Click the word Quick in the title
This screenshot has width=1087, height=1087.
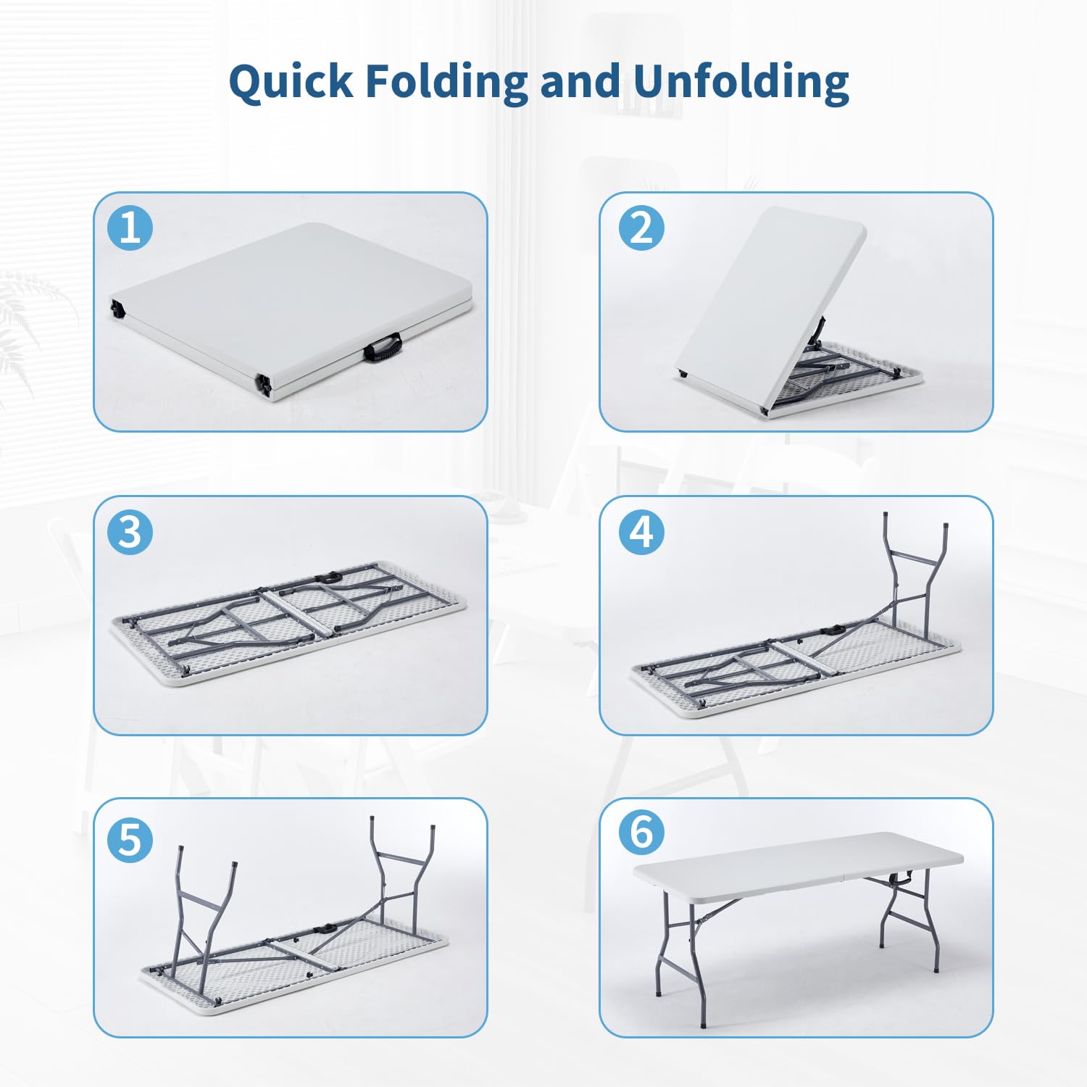290,81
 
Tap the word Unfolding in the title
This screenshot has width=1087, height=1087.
741,81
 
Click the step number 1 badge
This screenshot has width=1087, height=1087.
130,228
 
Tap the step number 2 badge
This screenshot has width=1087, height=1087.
641,228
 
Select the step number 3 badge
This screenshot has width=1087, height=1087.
130,532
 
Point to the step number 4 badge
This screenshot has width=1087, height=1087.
641,532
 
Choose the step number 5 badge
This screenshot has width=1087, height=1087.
130,840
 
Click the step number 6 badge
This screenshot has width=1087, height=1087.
641,832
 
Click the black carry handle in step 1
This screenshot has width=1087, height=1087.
383,347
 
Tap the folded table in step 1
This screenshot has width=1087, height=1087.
290,304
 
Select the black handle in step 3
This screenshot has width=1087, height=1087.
331,578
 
